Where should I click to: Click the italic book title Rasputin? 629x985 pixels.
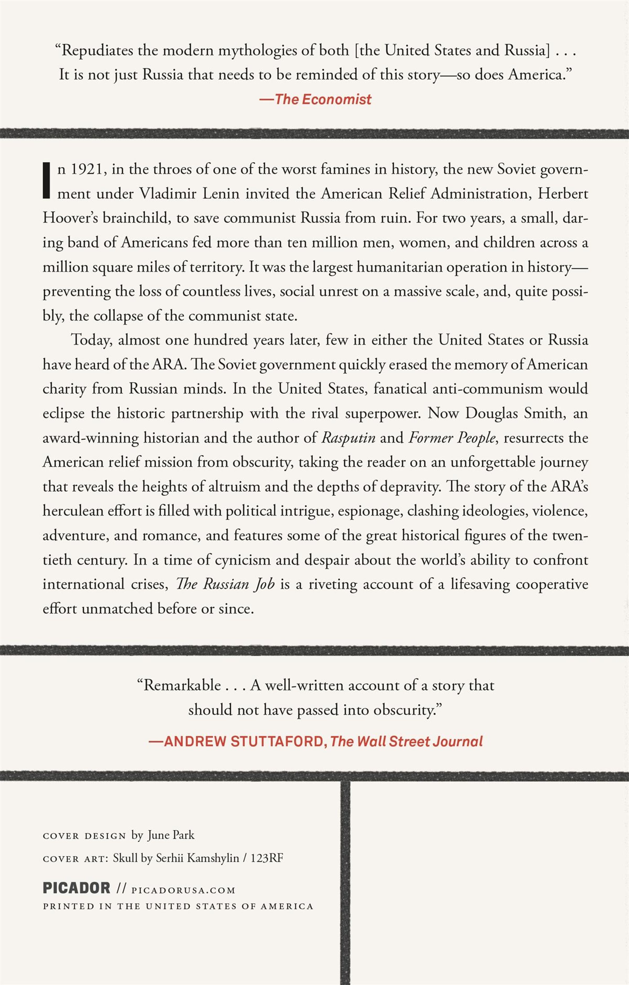[x=348, y=438]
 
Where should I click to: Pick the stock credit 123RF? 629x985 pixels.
[x=267, y=858]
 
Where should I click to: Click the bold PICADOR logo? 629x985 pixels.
[x=77, y=888]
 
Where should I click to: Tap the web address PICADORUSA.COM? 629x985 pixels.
[x=184, y=890]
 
